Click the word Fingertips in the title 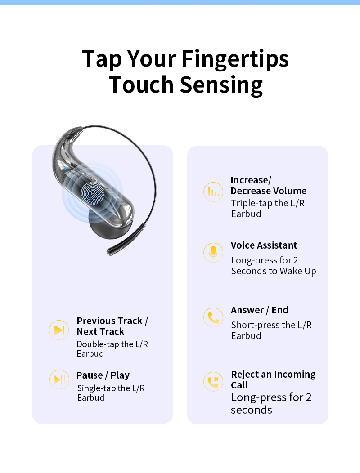pos(235,59)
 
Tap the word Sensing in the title pos(221,85)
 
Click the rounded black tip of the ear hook pos(110,252)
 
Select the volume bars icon pos(213,192)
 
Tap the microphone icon pos(213,253)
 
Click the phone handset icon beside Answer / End pos(213,317)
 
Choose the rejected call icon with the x pos(213,382)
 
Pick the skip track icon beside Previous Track pos(59,330)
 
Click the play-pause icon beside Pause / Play pos(59,379)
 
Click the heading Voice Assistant pos(264,245)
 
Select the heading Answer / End pos(260,310)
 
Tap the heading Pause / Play pos(103,375)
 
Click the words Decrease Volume pos(269,191)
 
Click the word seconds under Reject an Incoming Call pos(252,410)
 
